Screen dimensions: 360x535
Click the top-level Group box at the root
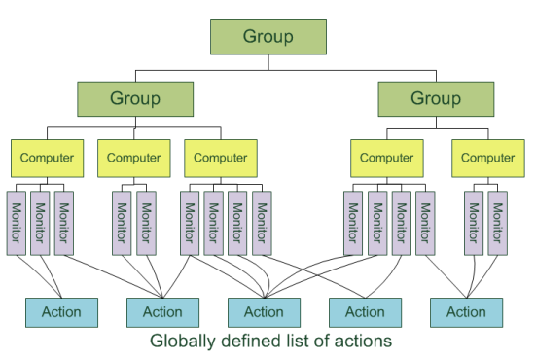click(x=268, y=38)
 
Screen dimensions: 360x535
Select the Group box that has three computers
click(x=135, y=99)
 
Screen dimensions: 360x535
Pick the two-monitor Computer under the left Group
click(x=133, y=157)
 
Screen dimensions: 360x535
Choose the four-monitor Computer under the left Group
click(x=221, y=157)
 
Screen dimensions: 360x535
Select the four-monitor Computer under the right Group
click(x=387, y=157)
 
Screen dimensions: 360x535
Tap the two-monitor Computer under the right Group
click(x=487, y=157)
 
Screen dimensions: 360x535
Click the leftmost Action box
click(x=61, y=312)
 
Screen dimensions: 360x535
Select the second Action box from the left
click(x=162, y=312)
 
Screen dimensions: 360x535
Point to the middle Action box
click(x=264, y=312)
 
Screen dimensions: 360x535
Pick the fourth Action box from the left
click(x=365, y=312)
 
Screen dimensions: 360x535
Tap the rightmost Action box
click(x=466, y=312)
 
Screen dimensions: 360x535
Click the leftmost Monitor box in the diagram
click(x=18, y=223)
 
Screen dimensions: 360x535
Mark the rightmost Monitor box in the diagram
click(x=498, y=223)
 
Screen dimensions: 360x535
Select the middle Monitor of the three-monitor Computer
click(x=41, y=223)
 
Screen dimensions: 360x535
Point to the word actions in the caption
click(x=363, y=342)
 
